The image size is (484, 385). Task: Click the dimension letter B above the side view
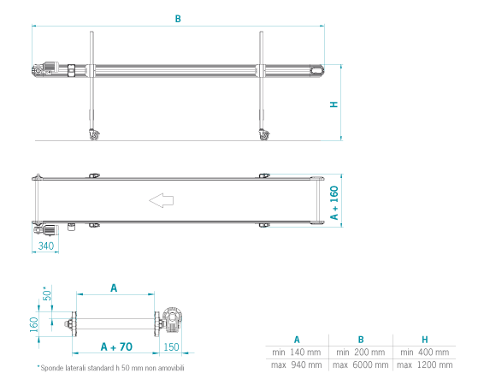click(178, 19)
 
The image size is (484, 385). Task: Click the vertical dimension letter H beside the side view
click(334, 104)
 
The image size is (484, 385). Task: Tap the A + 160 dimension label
click(334, 203)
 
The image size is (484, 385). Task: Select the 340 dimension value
click(46, 246)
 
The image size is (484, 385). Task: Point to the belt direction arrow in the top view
click(161, 200)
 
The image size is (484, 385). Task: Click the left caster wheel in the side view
click(94, 135)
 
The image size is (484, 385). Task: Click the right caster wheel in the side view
click(264, 135)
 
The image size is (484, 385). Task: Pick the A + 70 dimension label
click(116, 346)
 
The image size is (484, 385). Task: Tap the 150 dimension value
click(171, 347)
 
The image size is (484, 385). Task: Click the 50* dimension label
click(47, 293)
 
